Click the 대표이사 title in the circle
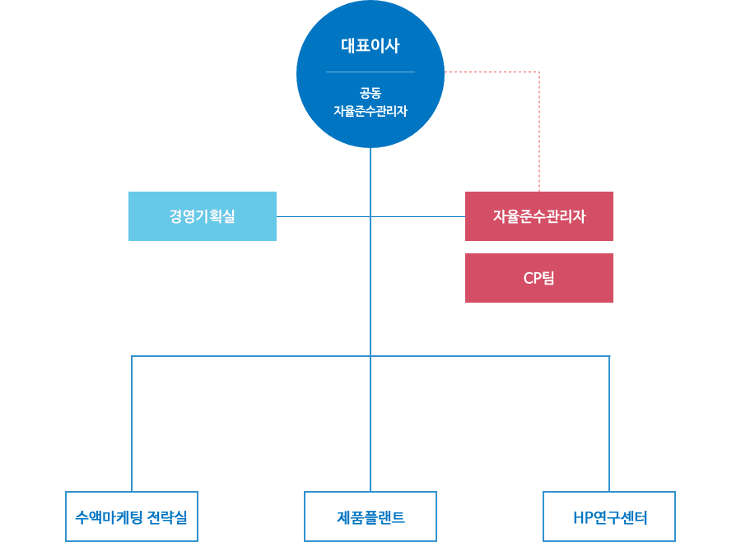370,46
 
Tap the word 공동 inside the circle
370,92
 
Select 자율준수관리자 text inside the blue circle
370,110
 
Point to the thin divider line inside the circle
370,72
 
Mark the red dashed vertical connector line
539,132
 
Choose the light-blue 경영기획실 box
202,216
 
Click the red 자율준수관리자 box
538,216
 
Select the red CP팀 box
538,278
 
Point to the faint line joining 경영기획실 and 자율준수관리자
329,216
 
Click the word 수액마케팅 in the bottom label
110,518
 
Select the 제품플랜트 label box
370,518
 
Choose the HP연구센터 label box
610,519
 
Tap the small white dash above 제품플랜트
374,494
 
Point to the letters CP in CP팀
532,278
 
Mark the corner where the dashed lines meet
539,72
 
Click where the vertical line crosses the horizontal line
370,216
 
